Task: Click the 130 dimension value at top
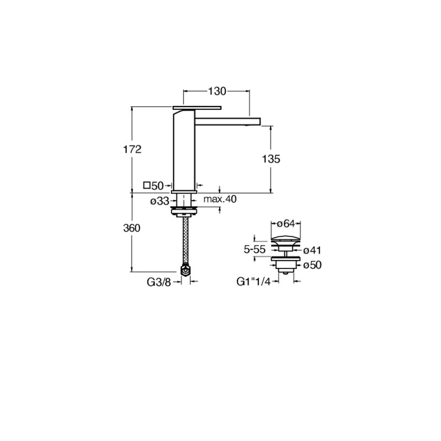point(217,91)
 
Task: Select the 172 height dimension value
point(132,149)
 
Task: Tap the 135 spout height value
point(271,159)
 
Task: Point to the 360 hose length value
point(132,228)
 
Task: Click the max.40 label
point(220,199)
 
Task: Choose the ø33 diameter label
point(160,201)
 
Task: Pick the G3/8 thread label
point(159,282)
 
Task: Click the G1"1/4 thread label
point(254,282)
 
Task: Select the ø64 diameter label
point(286,224)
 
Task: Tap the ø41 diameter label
point(312,250)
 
